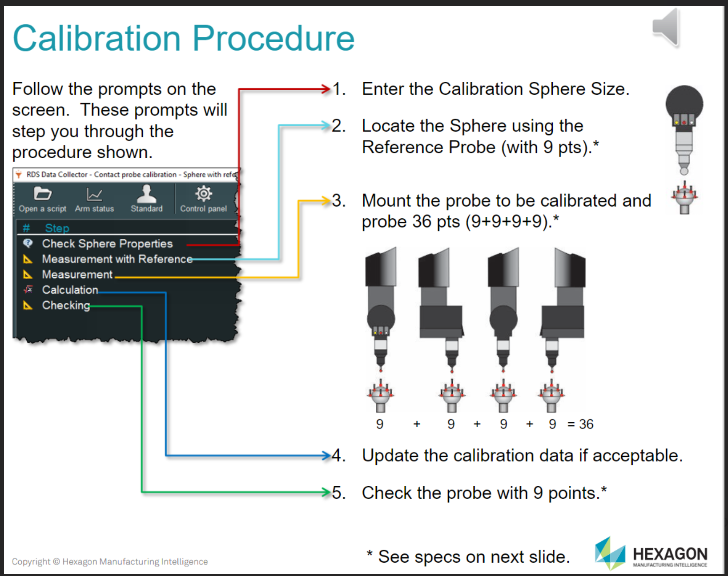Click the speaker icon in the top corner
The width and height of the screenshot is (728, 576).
(x=666, y=28)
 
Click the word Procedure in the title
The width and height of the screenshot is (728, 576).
(x=274, y=39)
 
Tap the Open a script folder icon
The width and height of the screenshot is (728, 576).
(x=43, y=194)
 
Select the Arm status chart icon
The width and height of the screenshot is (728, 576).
(x=94, y=194)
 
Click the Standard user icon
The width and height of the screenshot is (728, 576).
(x=146, y=193)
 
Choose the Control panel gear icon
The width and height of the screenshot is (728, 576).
(x=203, y=194)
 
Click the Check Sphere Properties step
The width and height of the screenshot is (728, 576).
(x=107, y=244)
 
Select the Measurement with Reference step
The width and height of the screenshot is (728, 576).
(x=117, y=259)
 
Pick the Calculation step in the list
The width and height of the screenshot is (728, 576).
(x=70, y=290)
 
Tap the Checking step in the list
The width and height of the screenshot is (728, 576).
(x=66, y=305)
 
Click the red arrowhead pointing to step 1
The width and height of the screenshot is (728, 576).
(x=326, y=89)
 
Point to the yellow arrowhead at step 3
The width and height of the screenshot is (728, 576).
(x=326, y=200)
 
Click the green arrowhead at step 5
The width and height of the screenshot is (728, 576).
(x=326, y=492)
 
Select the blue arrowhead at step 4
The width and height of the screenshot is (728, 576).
(x=326, y=455)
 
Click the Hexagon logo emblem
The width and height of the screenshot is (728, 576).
(x=610, y=553)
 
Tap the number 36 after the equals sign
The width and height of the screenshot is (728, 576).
(x=586, y=424)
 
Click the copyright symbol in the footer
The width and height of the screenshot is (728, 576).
(x=56, y=561)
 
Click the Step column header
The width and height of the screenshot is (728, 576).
(x=57, y=228)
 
